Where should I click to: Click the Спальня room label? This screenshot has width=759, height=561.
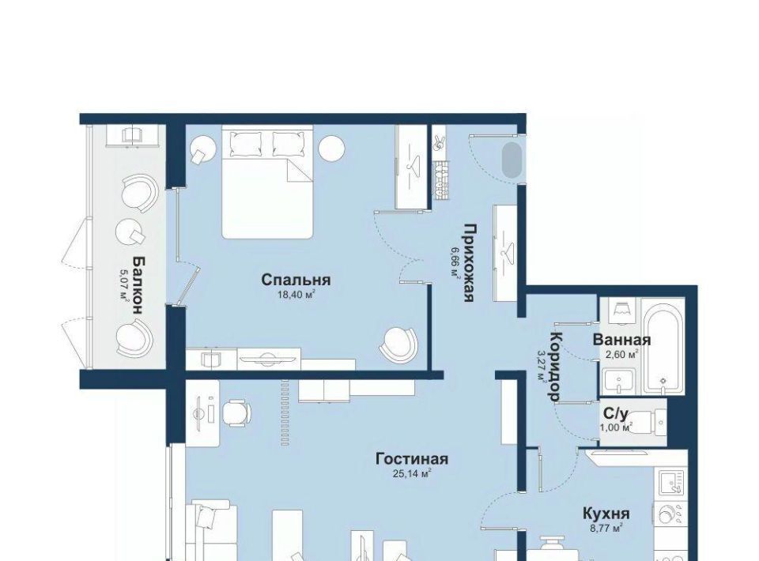click(296, 280)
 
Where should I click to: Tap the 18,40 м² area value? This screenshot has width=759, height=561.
click(296, 294)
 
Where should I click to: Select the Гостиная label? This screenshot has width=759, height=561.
click(412, 458)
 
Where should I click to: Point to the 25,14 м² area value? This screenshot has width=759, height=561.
click(412, 473)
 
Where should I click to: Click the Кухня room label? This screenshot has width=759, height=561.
click(606, 513)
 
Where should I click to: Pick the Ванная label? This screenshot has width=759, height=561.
click(621, 340)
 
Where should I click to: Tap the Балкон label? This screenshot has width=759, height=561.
click(138, 285)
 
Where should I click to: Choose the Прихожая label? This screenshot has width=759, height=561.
click(468, 262)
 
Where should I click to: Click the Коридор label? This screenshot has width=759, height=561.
click(556, 367)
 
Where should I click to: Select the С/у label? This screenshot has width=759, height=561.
click(616, 414)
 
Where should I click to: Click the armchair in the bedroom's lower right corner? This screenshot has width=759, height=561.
click(398, 345)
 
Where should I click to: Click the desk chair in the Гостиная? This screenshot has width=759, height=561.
click(236, 413)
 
